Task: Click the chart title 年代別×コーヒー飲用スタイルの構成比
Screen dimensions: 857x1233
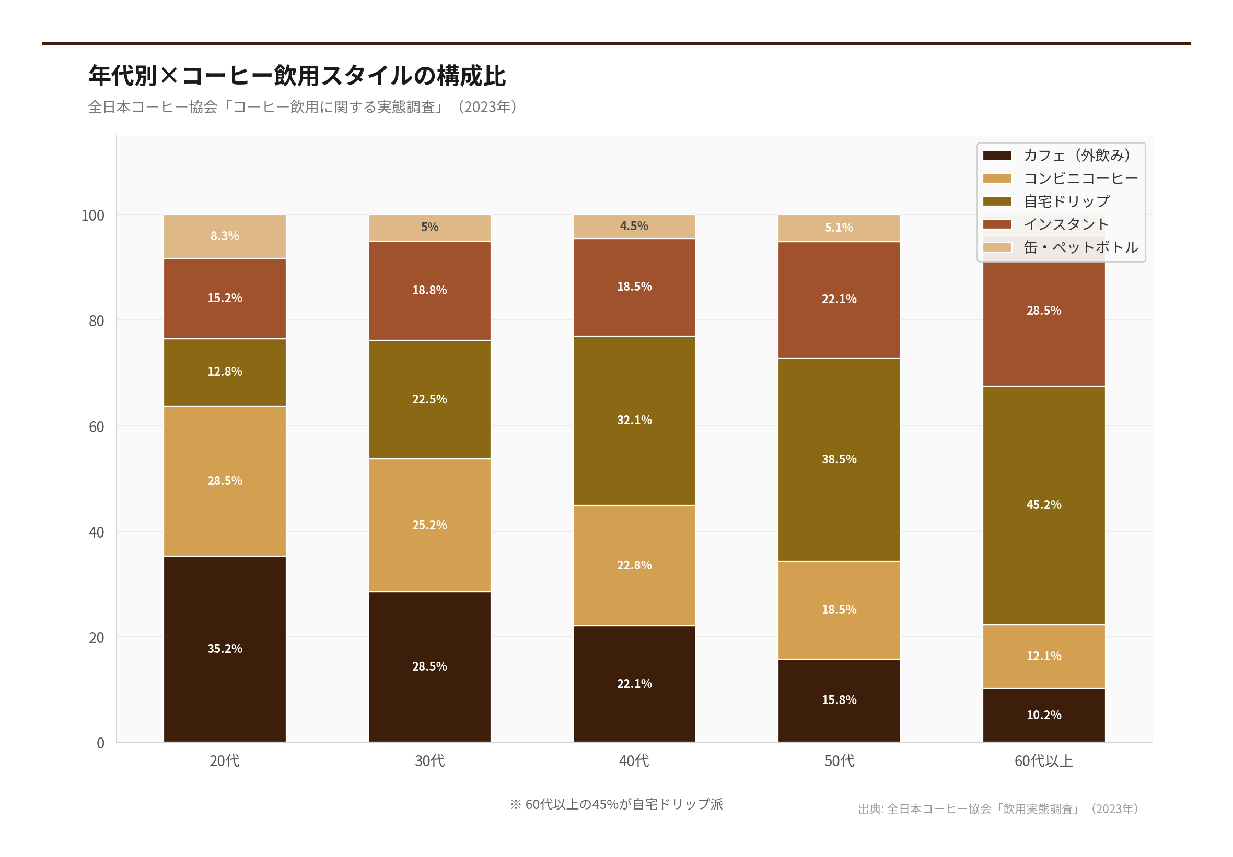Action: [297, 76]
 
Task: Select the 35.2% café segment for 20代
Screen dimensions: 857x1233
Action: [225, 648]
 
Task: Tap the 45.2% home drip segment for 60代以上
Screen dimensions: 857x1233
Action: [1043, 504]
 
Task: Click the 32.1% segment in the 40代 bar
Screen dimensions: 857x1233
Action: [634, 420]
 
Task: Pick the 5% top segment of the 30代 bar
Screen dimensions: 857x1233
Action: [429, 228]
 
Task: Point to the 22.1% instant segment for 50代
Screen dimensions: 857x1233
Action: [839, 300]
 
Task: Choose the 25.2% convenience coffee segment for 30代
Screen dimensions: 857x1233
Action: [429, 525]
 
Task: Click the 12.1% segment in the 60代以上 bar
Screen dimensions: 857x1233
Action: [1043, 656]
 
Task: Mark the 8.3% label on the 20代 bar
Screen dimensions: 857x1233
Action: [225, 236]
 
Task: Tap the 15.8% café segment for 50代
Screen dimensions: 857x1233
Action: [839, 700]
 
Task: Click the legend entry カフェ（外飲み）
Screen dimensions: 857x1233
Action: [1077, 156]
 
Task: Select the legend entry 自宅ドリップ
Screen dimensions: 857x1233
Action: [1066, 201]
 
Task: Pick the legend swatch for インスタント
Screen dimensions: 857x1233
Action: [997, 224]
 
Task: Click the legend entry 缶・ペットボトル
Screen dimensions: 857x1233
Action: [1080, 247]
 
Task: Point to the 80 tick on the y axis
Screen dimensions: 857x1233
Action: [97, 321]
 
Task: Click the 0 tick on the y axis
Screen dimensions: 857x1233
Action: [100, 743]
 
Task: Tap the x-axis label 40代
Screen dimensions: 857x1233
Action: [634, 761]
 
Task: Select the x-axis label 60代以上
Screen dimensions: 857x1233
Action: [1043, 761]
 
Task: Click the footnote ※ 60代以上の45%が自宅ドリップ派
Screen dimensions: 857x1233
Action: [616, 804]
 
